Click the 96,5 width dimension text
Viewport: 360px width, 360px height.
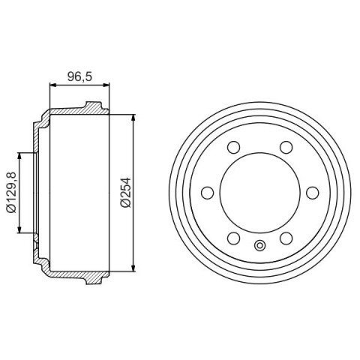point(79,76)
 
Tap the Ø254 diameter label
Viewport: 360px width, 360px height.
point(126,192)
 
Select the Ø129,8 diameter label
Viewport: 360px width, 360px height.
point(11,192)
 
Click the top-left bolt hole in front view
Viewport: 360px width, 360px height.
point(234,147)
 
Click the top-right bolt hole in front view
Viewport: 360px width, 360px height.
point(286,147)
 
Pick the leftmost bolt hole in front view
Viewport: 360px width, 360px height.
point(208,193)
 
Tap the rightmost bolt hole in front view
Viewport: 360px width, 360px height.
point(313,193)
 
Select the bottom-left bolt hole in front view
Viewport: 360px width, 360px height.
point(234,238)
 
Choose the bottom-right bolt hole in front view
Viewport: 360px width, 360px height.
point(286,238)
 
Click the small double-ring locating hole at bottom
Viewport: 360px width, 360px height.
point(260,245)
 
